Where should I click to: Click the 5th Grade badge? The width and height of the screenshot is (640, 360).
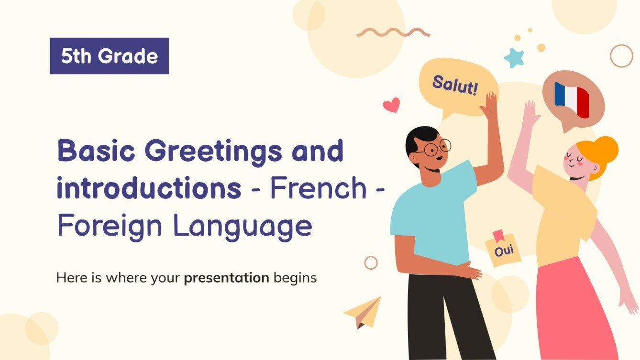pos(109,56)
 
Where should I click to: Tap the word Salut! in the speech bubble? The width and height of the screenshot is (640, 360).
pos(455,85)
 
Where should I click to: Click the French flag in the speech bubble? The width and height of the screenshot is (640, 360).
pos(572,99)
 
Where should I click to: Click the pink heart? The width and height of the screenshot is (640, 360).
pos(392,105)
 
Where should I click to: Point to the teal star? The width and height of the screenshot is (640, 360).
pos(514,57)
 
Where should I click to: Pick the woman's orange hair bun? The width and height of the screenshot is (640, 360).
pos(604,149)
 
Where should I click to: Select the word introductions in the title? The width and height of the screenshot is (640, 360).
pos(149,189)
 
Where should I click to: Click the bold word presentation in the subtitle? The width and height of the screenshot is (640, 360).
pos(227,277)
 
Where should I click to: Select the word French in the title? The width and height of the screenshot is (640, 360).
pos(319,189)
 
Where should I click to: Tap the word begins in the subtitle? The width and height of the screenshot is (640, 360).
pos(295,277)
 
